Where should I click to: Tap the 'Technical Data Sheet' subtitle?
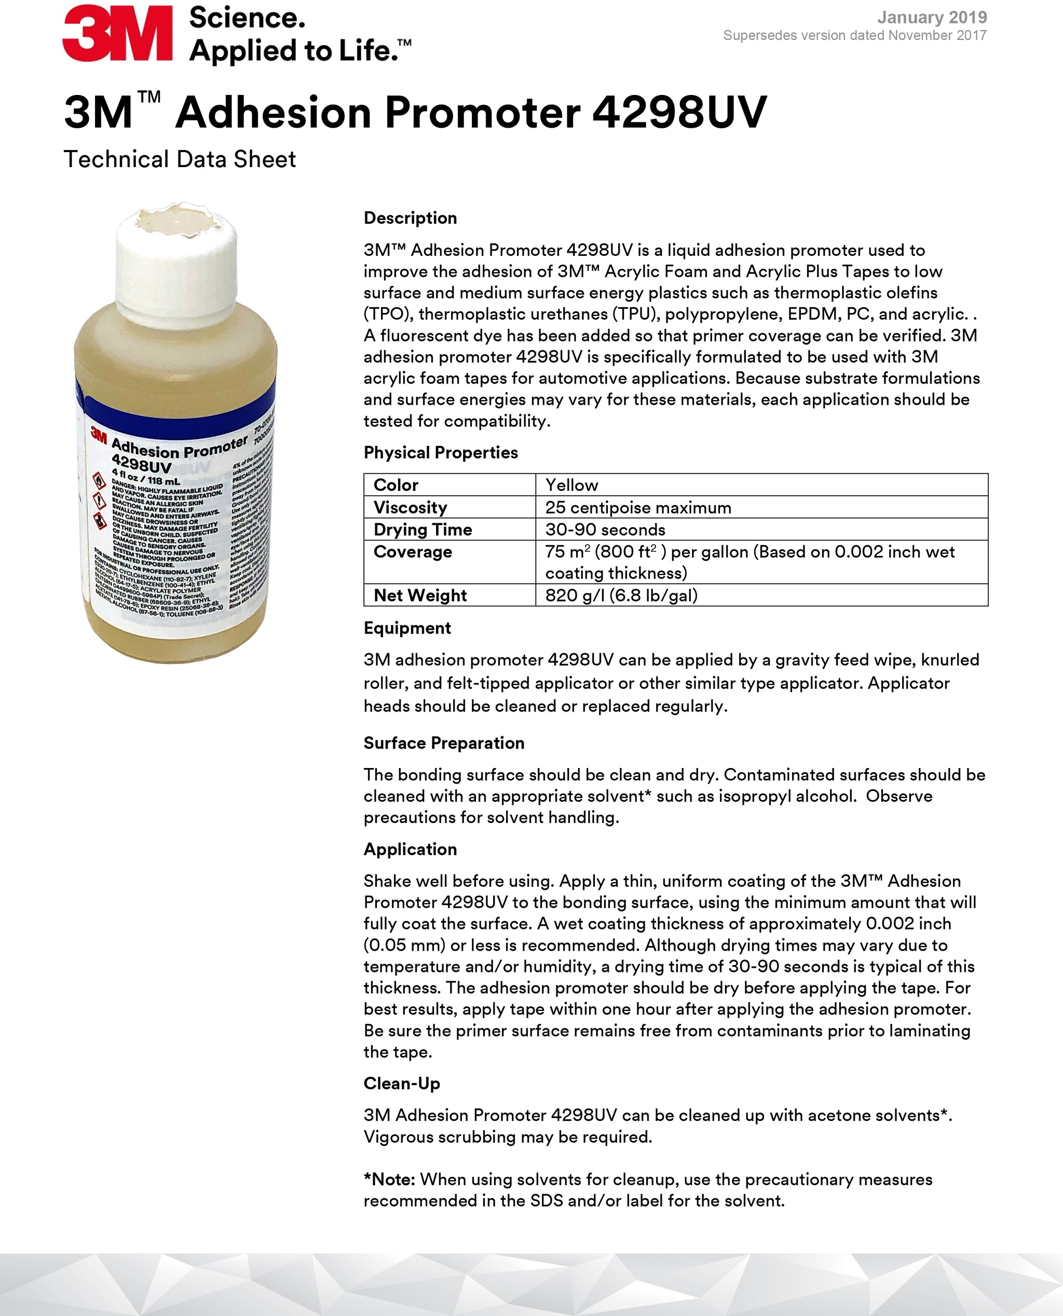click(180, 159)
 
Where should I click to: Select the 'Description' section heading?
click(410, 218)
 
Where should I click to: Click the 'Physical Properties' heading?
click(440, 453)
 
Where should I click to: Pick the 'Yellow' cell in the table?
click(571, 485)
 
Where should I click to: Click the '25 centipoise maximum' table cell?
click(637, 508)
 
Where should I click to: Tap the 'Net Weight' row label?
click(420, 595)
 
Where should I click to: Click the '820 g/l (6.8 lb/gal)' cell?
click(621, 595)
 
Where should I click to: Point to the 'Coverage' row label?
click(413, 552)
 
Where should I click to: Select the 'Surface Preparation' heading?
click(443, 743)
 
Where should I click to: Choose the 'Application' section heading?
click(410, 849)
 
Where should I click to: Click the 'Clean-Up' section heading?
click(401, 1084)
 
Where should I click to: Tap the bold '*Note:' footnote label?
click(389, 1180)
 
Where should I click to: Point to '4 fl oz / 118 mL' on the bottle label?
click(145, 477)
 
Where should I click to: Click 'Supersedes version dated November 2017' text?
click(854, 35)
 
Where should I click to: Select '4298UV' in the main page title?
click(679, 113)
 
